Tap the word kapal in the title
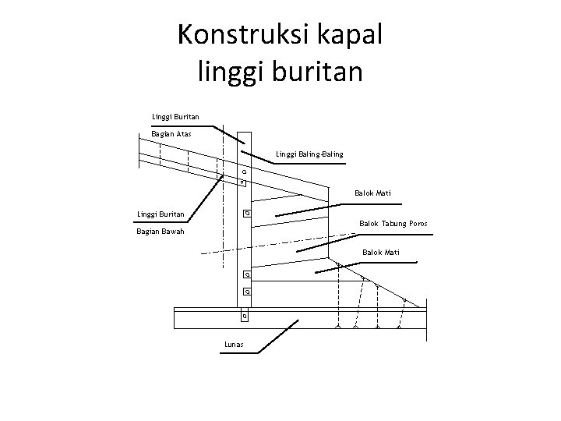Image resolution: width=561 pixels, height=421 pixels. [349, 34]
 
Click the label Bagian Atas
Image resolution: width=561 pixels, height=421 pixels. [171, 133]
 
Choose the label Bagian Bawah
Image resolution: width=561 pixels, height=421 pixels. [161, 232]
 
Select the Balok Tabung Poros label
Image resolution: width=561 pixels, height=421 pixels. [393, 225]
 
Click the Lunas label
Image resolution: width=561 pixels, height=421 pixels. [233, 343]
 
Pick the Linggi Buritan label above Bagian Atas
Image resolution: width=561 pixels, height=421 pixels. [175, 117]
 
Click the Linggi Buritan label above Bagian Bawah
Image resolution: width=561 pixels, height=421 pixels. [161, 214]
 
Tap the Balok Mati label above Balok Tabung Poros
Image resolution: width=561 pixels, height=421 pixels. [372, 193]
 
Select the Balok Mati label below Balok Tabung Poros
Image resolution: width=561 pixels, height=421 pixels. [381, 252]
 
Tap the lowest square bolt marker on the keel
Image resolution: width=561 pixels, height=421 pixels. [245, 317]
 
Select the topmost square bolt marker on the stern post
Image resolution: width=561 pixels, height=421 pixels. [244, 171]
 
